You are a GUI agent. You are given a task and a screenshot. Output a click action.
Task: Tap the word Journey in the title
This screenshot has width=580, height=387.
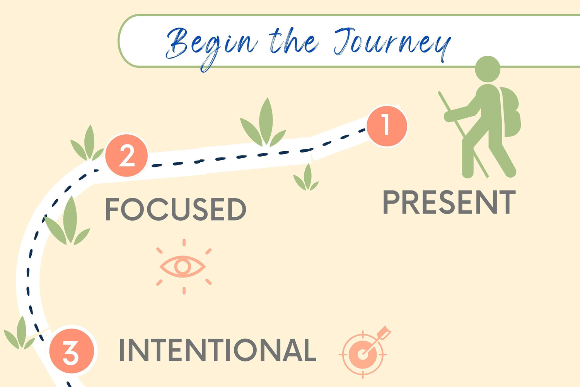392,44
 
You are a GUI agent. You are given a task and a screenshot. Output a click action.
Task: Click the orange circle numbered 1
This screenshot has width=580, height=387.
387,126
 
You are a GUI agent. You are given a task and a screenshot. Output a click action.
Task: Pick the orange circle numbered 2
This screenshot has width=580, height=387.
126,156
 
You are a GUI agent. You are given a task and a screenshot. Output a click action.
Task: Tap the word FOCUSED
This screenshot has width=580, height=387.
176,209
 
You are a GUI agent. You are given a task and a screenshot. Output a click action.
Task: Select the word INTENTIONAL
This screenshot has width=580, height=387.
217,350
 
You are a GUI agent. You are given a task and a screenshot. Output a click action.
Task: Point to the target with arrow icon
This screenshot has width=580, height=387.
365,352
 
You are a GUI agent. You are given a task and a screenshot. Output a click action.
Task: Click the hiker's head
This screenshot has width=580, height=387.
488,69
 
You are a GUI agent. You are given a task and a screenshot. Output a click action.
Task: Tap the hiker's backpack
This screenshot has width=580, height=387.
510,112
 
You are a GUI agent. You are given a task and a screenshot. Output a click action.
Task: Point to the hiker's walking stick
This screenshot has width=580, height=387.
463,134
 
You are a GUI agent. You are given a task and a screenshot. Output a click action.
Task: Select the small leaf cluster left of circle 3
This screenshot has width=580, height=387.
19,333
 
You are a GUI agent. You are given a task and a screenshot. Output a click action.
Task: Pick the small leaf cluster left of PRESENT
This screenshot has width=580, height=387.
306,178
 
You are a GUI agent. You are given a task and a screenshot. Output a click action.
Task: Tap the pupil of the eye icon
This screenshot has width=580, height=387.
183,267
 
